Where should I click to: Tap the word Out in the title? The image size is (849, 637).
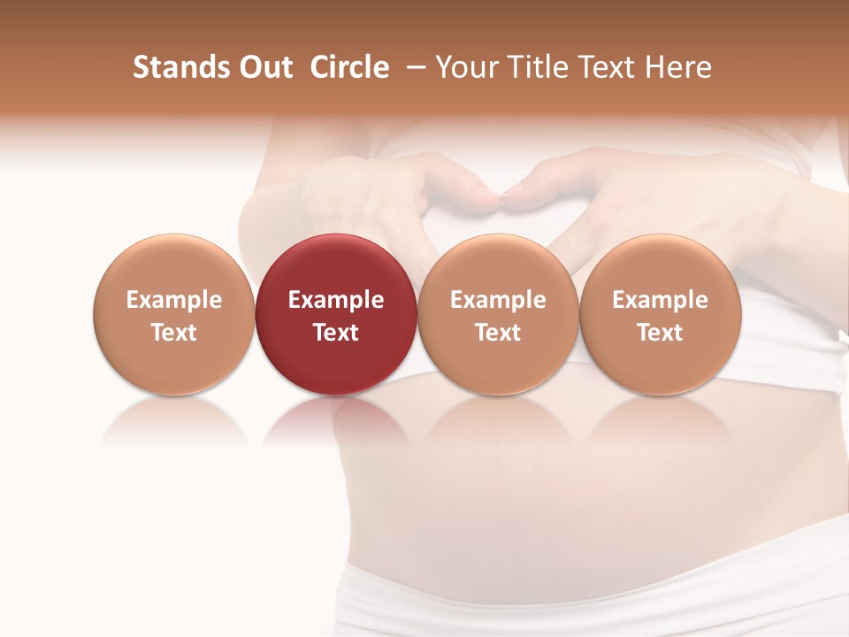coord(263,67)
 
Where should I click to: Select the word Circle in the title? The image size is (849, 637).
coord(349,67)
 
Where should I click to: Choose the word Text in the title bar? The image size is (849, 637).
coord(604,67)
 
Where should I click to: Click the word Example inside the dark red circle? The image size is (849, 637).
coord(336,300)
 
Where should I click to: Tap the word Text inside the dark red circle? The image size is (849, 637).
coord(336,333)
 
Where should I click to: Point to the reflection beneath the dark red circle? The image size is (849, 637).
coord(336,420)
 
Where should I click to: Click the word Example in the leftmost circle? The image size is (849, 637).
coord(174,300)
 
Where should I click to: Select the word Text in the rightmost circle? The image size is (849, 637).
coord(661,333)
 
